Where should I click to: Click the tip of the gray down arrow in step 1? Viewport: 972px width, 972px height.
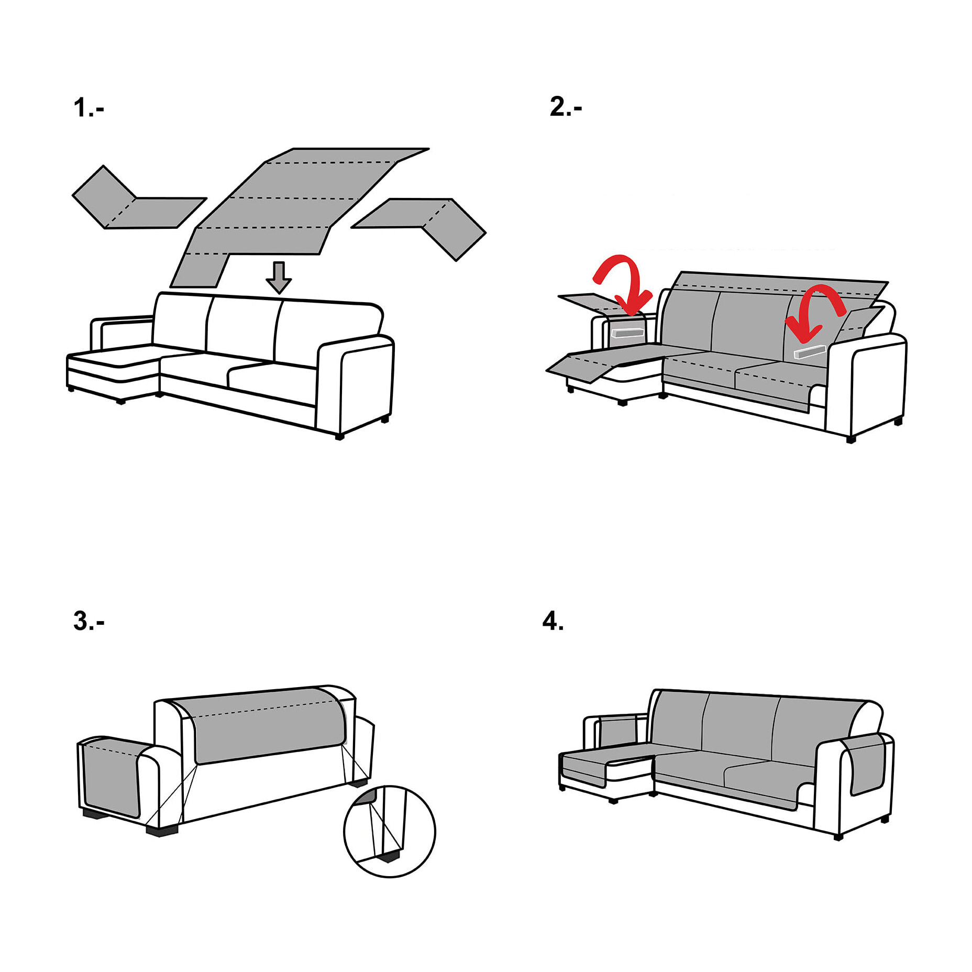pos(279,293)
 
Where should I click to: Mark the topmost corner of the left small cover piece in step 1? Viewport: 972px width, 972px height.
pos(103,166)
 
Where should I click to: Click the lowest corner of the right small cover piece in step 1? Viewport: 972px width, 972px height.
pos(456,261)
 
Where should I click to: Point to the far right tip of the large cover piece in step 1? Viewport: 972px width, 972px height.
pos(429,149)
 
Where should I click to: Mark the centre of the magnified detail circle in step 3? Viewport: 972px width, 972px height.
pos(390,831)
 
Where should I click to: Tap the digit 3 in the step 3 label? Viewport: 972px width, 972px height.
pos(81,621)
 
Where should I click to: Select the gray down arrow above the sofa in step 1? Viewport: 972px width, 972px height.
pos(279,278)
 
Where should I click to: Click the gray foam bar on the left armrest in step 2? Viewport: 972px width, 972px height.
pos(627,333)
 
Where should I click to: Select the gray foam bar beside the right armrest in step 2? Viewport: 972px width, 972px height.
pos(810,351)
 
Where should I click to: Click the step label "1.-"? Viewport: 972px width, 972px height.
pos(89,108)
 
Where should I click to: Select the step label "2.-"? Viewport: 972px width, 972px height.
pos(566,107)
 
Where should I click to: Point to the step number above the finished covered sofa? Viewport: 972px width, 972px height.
pos(553,621)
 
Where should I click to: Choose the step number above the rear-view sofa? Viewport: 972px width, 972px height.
pos(89,621)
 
